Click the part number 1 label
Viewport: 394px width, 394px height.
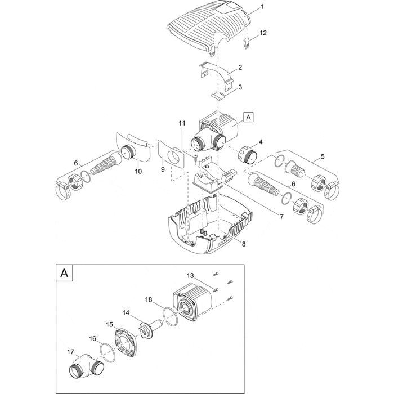(262, 9)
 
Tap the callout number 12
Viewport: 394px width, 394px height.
(263, 33)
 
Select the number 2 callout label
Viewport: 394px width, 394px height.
(240, 68)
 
